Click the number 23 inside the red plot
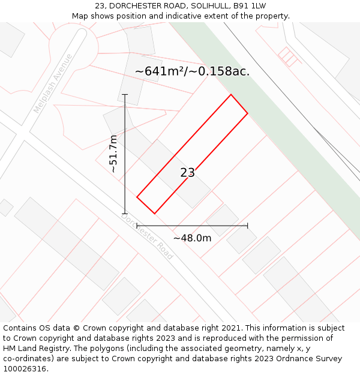click(188, 173)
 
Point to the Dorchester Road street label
click(148, 237)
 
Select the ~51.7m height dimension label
click(113, 154)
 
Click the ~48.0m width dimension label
click(192, 238)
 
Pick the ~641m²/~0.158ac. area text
click(192, 71)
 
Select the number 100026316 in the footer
click(24, 368)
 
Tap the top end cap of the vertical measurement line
click(125, 95)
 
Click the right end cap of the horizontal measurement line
click(247, 226)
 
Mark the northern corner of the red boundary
click(231, 95)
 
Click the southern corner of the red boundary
click(154, 213)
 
